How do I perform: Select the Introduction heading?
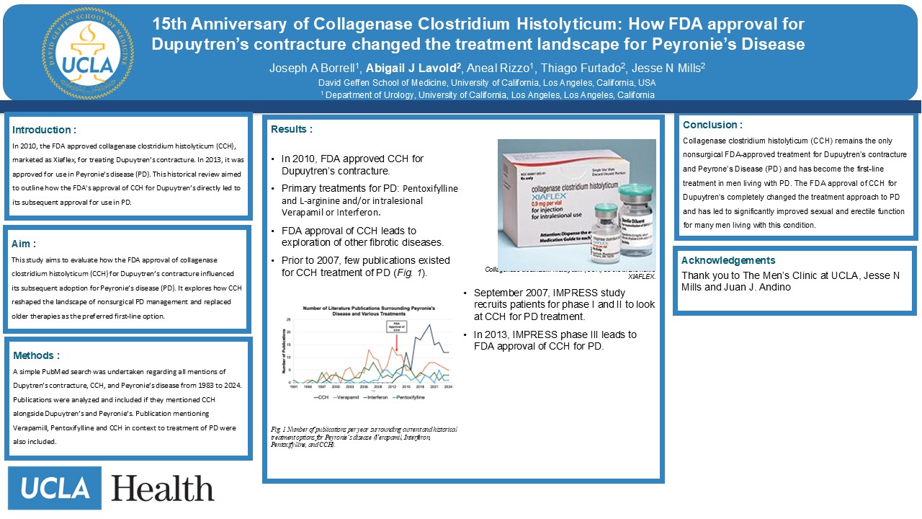44,130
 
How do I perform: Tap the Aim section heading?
24,244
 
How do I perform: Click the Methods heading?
36,355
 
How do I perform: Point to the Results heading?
291,130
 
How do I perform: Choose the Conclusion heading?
712,125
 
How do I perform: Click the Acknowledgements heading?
728,261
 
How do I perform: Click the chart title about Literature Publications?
368,311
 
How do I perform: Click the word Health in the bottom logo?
163,489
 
